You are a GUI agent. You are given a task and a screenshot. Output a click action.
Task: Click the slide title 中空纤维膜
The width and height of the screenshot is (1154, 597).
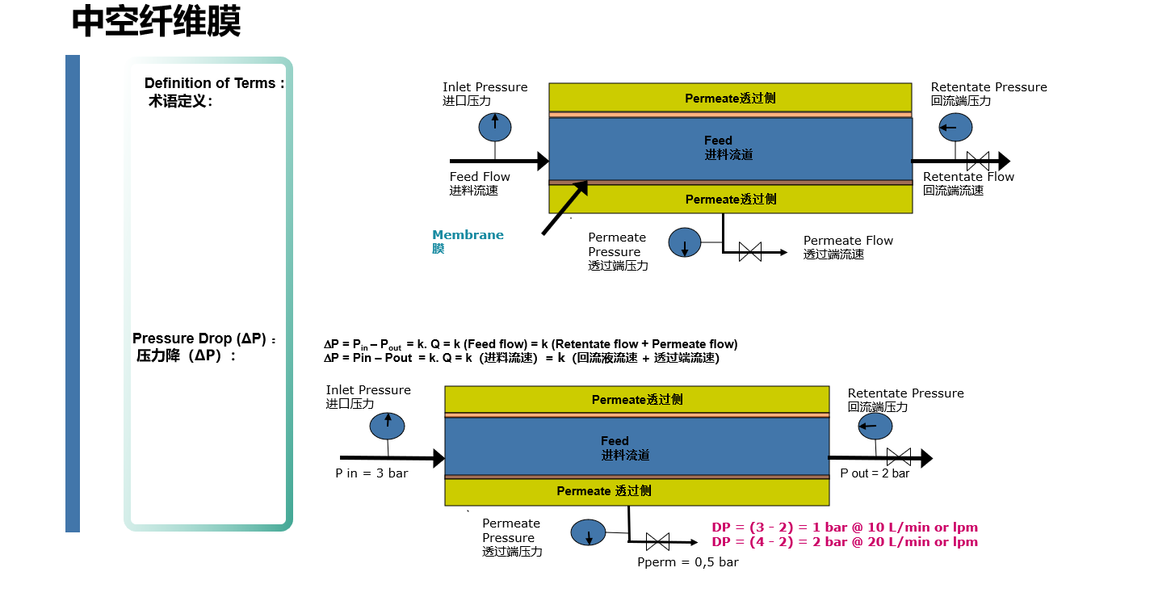point(156,22)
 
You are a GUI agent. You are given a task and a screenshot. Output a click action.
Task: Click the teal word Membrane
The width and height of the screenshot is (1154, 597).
point(468,235)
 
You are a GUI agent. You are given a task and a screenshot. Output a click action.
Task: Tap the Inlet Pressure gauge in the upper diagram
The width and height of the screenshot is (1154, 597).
point(495,125)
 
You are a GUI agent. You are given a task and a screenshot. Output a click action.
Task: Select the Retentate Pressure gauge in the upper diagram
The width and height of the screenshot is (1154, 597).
point(955,127)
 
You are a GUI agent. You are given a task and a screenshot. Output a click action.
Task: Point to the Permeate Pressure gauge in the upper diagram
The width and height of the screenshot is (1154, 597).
point(685,242)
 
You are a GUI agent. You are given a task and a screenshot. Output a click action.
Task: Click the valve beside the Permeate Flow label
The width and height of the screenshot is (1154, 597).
point(750,252)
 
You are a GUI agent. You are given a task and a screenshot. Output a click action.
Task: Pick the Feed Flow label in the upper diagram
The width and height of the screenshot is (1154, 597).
point(480,177)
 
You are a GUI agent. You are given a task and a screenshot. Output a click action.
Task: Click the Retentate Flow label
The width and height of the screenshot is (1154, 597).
point(968,177)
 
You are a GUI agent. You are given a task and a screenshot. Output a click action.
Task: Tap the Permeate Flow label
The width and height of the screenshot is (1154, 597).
point(848,241)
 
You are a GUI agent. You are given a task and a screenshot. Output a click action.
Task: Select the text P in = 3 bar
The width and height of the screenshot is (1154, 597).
point(371,473)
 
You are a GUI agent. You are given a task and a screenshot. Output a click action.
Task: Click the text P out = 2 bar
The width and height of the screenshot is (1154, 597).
point(875,473)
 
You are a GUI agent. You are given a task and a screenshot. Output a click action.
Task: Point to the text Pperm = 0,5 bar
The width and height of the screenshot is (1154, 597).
point(687,562)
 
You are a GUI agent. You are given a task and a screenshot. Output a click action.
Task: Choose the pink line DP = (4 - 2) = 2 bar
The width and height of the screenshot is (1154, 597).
point(844,542)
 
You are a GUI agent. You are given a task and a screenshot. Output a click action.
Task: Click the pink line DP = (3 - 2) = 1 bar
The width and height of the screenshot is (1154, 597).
point(844,527)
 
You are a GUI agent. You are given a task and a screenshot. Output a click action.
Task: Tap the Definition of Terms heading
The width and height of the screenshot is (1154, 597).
point(214,83)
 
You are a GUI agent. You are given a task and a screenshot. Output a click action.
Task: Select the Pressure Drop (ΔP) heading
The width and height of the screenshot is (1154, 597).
point(204,338)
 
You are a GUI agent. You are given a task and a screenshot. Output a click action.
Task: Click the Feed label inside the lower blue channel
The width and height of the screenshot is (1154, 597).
point(615,441)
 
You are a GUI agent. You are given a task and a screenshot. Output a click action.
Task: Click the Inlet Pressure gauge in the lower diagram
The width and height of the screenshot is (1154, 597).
point(387,426)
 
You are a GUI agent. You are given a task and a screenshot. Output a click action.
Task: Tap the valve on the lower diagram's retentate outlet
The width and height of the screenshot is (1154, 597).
point(898,456)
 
